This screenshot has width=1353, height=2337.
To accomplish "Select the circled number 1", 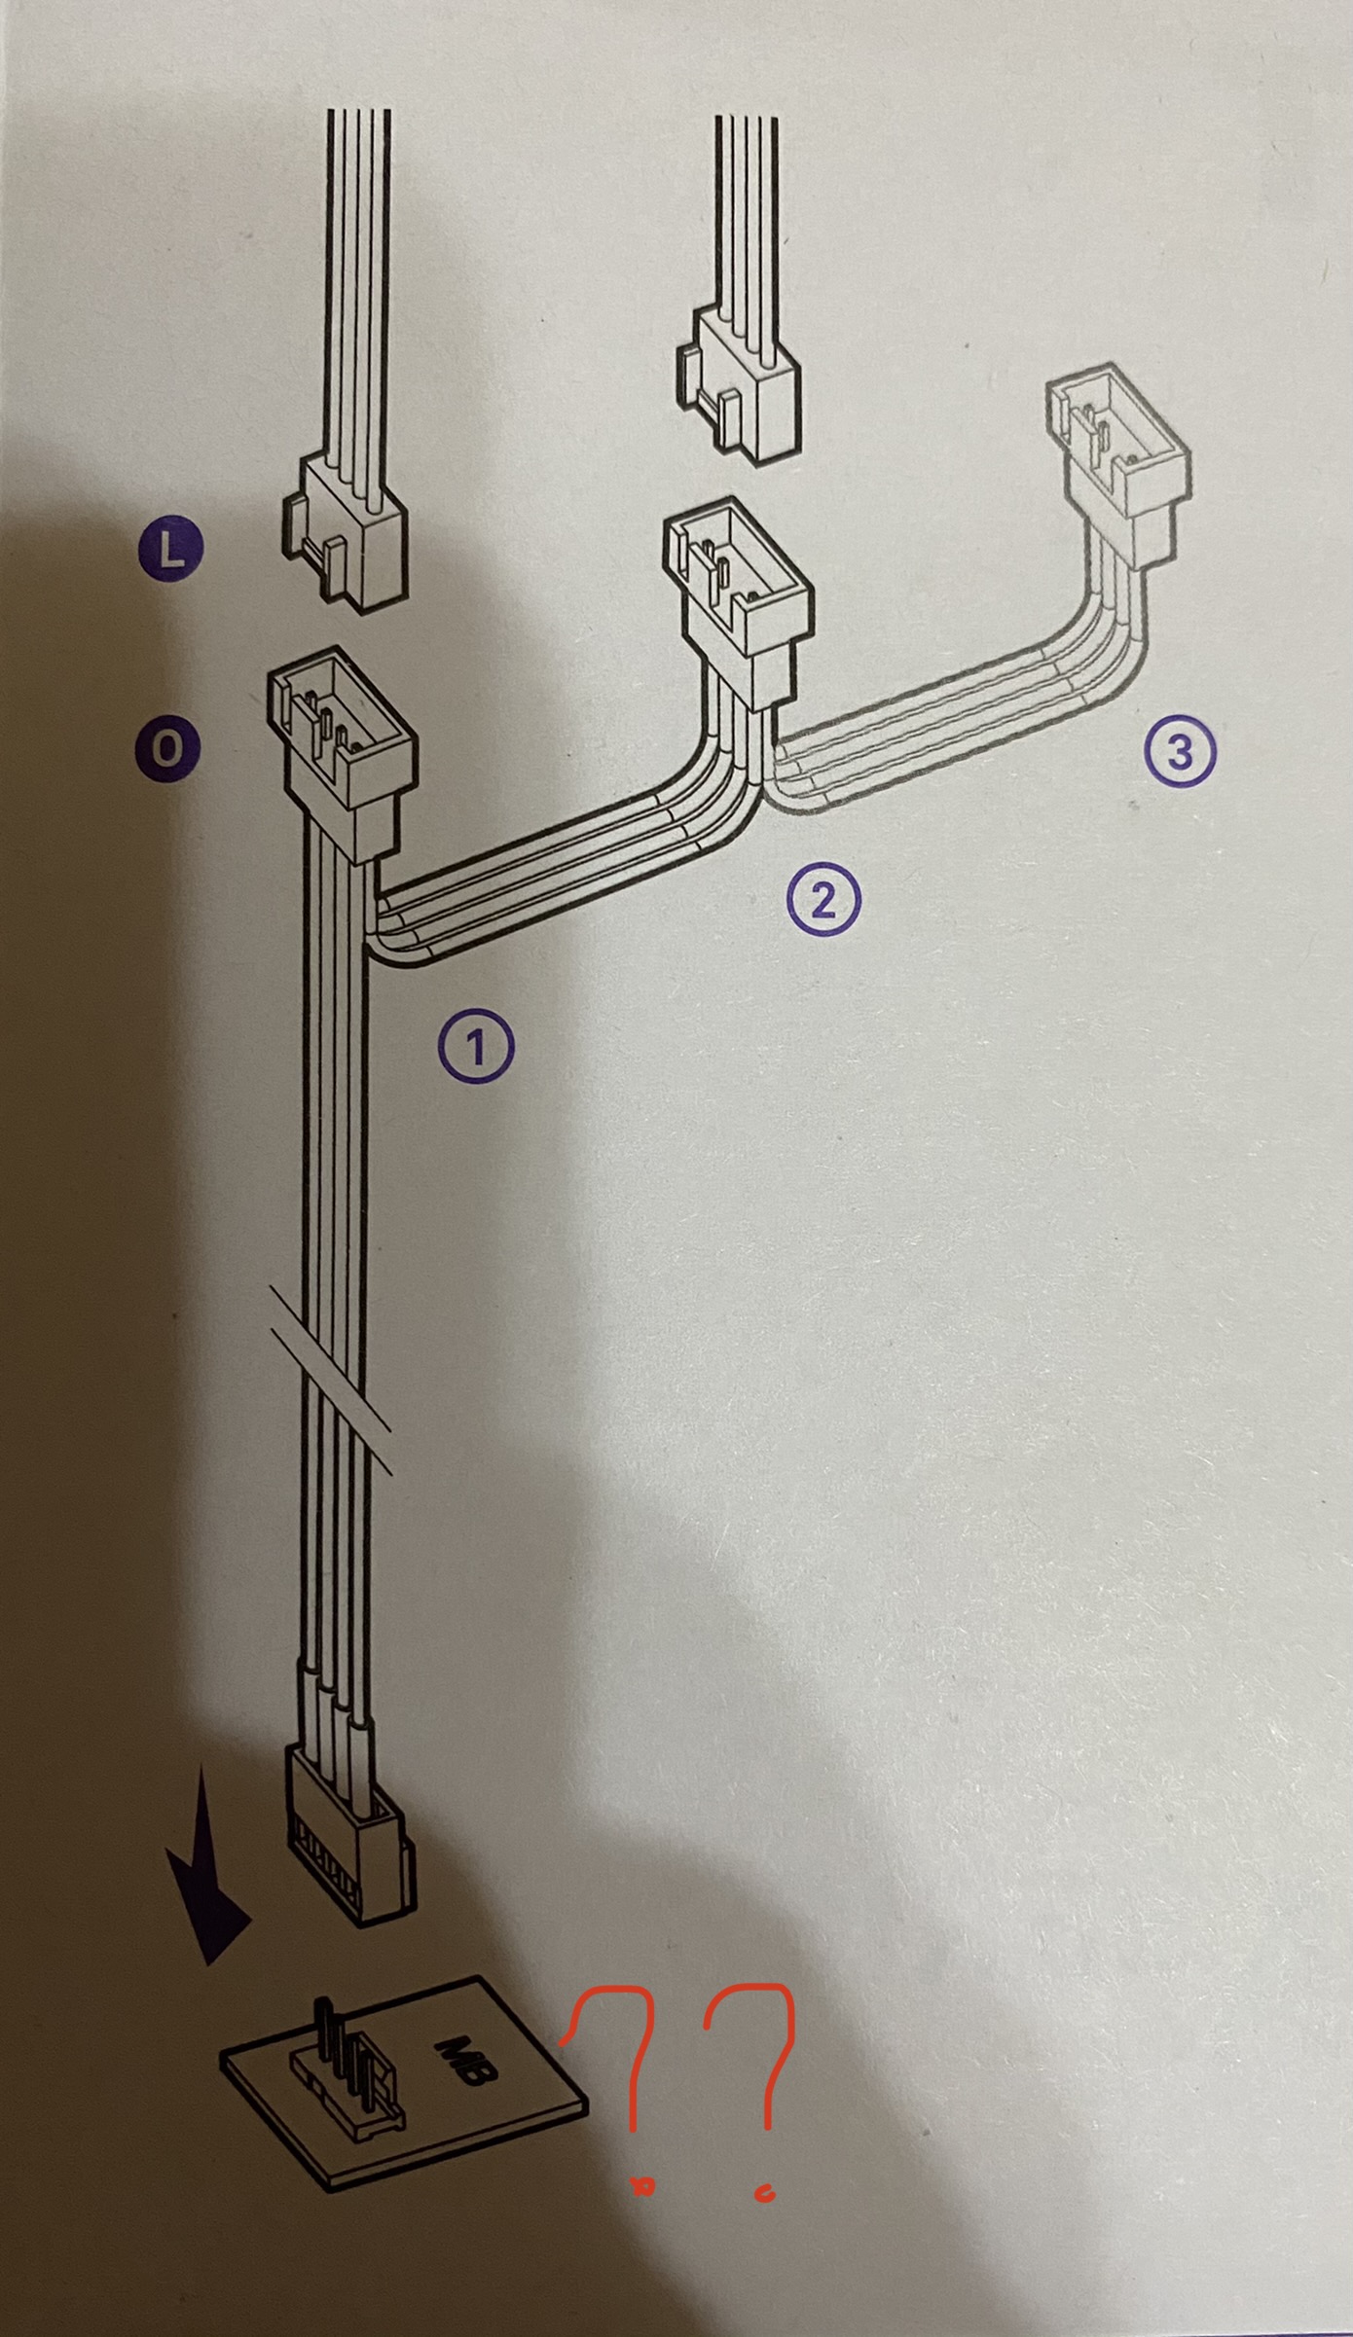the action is [x=476, y=1046].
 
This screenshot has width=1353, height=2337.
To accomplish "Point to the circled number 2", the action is [x=823, y=900].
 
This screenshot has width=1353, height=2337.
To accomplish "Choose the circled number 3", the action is [x=1179, y=752].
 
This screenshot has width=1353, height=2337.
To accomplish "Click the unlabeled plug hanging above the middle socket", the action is [x=739, y=379].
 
